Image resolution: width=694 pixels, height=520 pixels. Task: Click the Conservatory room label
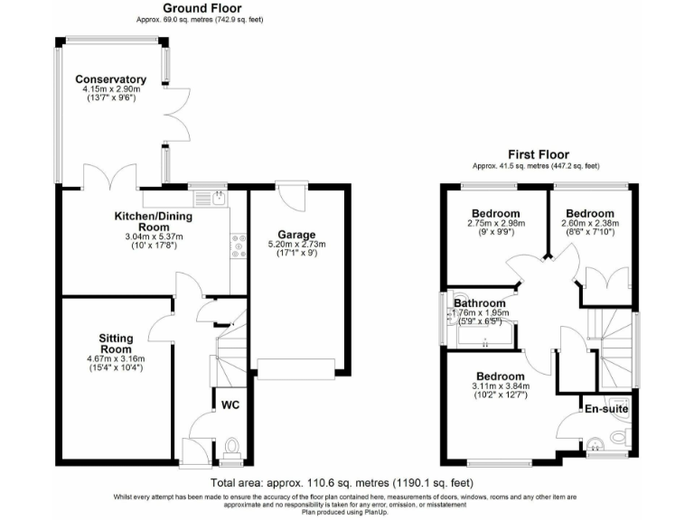tap(110, 79)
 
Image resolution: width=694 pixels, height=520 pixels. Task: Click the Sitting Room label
tap(116, 343)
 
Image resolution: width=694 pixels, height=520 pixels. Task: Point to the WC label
tap(230, 406)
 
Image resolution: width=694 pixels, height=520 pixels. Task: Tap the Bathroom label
tap(479, 303)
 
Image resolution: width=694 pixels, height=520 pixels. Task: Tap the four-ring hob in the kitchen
tap(239, 246)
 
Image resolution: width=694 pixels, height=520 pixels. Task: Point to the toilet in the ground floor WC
tap(231, 445)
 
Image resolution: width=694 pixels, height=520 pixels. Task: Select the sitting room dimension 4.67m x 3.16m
tap(116, 357)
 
